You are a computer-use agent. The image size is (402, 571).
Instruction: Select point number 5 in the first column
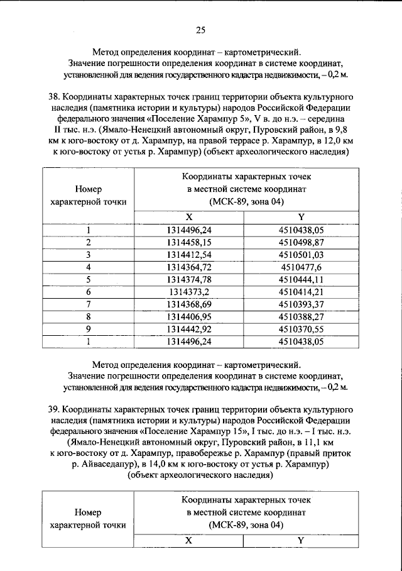(89, 279)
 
